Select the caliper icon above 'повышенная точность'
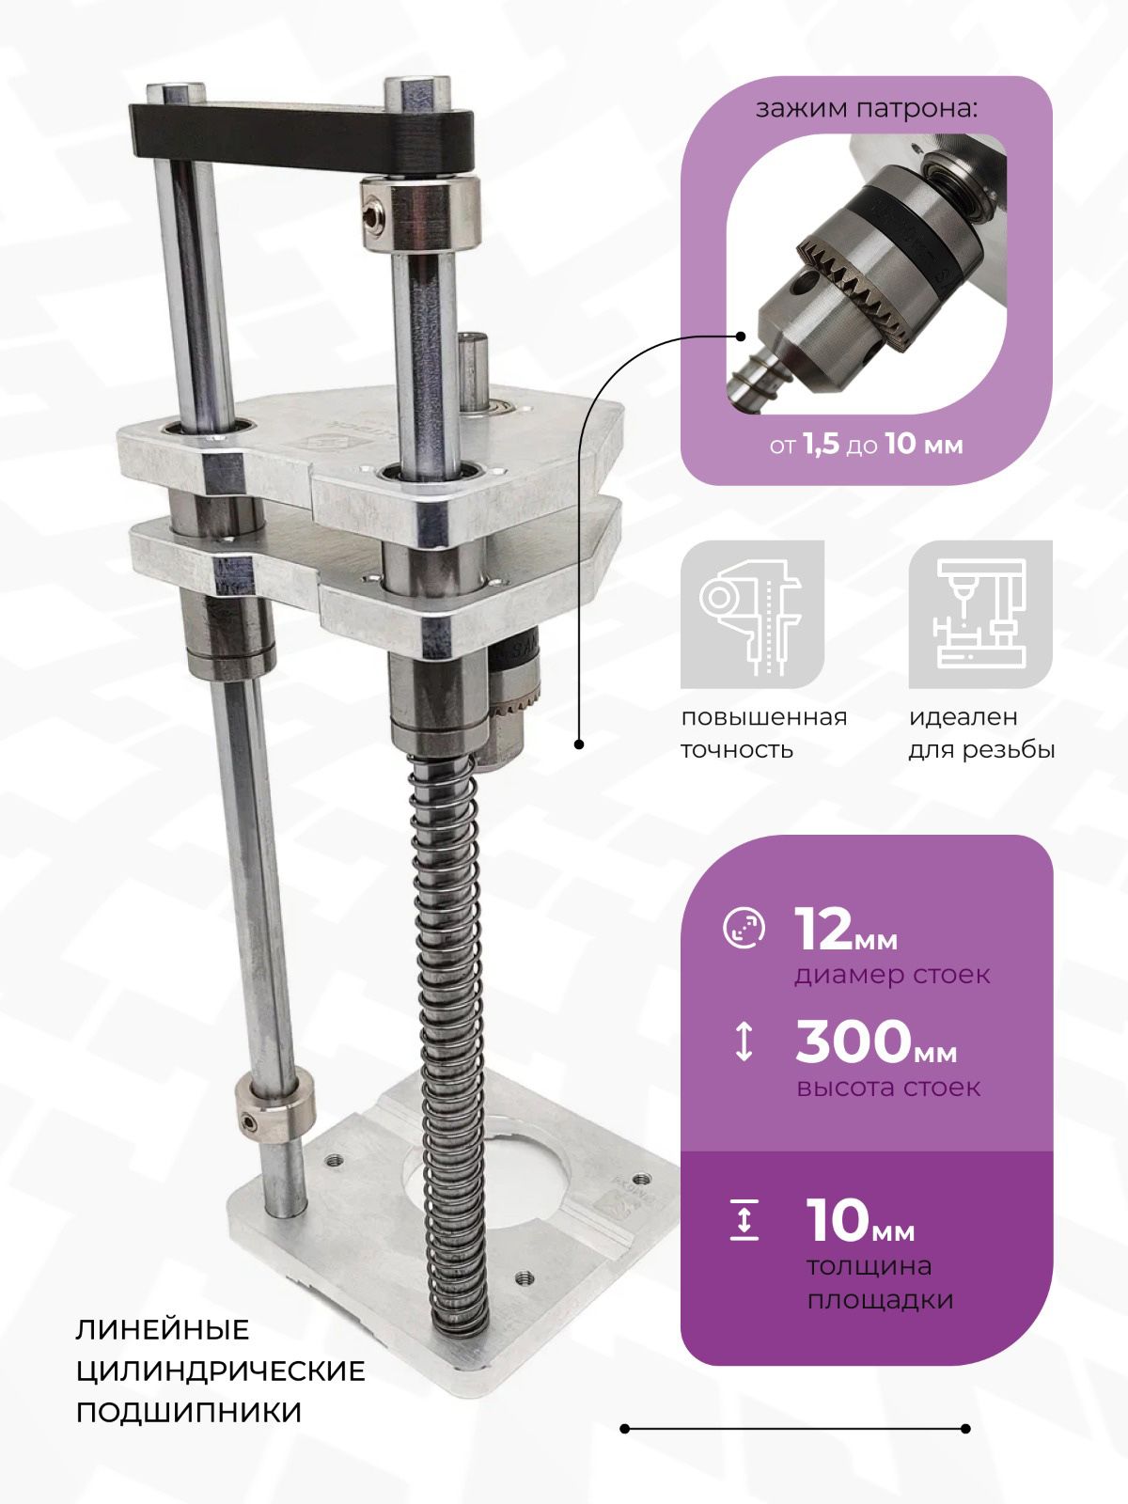752,614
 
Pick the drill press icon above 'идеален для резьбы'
980,614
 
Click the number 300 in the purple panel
853,1041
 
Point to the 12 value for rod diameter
824,930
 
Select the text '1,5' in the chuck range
821,444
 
